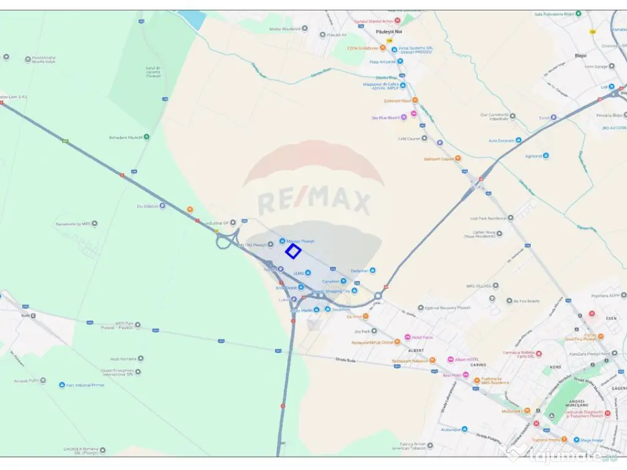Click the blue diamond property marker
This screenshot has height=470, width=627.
[293, 251]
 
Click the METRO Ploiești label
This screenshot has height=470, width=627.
[253, 245]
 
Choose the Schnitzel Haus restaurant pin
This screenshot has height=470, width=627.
[415, 100]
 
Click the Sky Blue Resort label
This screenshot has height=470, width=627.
[386, 117]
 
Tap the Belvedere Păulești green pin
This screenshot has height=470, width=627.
[146, 137]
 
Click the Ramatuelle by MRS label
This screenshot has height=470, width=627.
[73, 224]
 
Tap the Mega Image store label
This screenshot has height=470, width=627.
[592, 440]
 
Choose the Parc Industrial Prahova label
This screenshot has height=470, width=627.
[85, 385]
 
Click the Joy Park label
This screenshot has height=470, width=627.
[362, 332]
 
